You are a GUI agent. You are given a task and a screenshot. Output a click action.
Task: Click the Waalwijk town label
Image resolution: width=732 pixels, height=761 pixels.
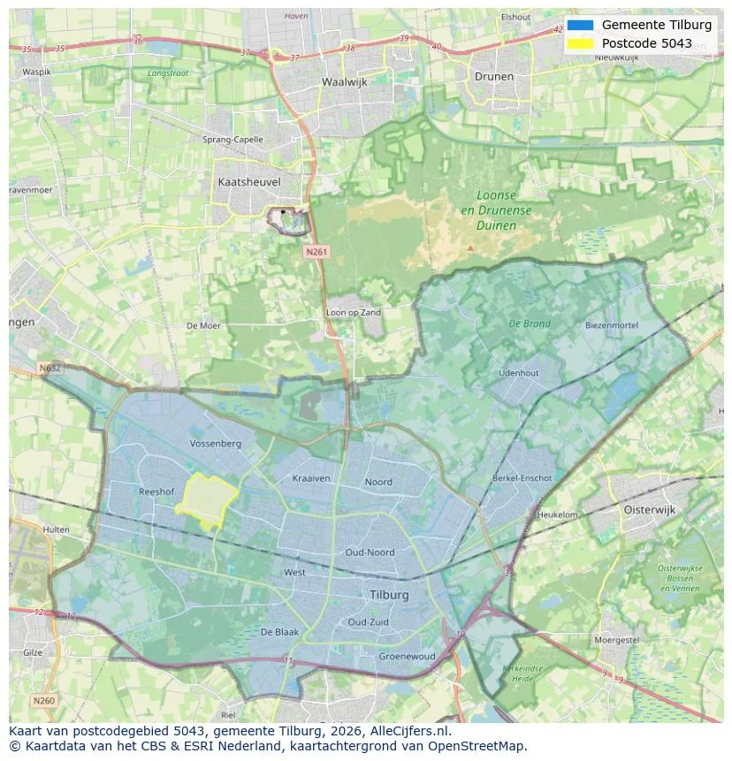coord(344,81)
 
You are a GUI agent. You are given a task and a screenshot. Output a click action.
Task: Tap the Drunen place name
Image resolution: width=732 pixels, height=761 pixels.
coord(493,76)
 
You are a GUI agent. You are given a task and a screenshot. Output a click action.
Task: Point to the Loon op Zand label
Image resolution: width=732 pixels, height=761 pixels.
coord(354,313)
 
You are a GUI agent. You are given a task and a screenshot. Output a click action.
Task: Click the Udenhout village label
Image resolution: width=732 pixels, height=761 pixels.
coord(519,373)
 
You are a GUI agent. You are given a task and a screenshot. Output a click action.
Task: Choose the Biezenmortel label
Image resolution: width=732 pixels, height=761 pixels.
coord(611,325)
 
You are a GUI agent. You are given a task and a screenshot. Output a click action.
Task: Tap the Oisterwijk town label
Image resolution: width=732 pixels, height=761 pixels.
coord(650,509)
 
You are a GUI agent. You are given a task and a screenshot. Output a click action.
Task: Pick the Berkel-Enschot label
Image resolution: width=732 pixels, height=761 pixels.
coord(522,478)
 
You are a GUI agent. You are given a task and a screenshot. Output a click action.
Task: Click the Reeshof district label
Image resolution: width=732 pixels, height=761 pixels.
coord(156,491)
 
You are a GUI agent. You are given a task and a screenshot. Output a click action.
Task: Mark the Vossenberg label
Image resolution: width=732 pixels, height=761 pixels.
coord(216,443)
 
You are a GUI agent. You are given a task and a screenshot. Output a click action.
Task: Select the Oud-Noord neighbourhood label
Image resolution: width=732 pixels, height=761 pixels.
coord(370,552)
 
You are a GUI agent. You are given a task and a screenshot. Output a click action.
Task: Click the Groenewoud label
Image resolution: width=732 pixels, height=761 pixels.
coord(407,657)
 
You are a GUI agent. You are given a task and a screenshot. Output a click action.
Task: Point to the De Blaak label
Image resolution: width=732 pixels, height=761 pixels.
coord(279,632)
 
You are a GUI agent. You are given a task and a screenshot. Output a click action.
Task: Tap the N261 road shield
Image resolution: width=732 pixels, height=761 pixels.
coord(316,252)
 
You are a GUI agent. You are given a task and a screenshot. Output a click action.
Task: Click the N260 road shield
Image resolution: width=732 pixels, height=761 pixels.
coord(43,700)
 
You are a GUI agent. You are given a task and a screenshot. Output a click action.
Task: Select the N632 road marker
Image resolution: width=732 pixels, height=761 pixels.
coord(50,367)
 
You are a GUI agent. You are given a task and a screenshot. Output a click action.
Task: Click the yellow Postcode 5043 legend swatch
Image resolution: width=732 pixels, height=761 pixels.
coord(580,43)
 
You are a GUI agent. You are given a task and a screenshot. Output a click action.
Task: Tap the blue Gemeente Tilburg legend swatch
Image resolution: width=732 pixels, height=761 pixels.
coord(580,25)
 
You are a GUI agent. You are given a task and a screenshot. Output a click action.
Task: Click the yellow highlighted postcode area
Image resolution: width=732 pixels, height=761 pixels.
coord(206,500)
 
